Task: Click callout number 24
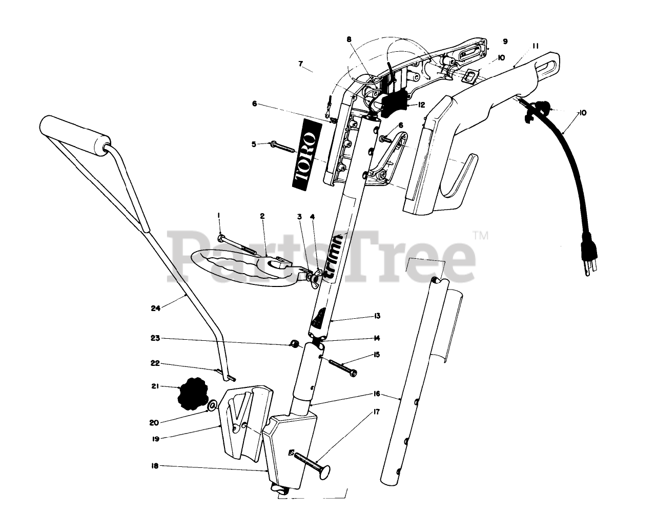pos(156,308)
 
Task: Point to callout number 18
pos(155,466)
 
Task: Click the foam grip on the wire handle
pos(75,134)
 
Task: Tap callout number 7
pos(301,65)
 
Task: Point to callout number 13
pos(377,316)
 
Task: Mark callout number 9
pos(505,41)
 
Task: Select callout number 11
pos(535,46)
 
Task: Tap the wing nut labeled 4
pos(313,276)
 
